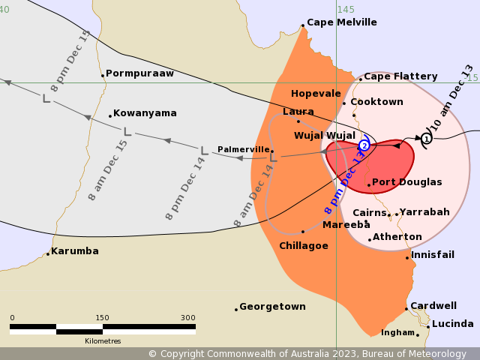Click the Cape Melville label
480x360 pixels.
pyautogui.click(x=342, y=22)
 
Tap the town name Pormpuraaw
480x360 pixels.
pyautogui.click(x=139, y=73)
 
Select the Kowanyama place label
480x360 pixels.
pyautogui.click(x=145, y=113)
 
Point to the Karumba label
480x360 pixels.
pyautogui.click(x=75, y=251)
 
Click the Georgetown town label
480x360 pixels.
pyautogui.click(x=273, y=307)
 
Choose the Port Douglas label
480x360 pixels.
pyautogui.click(x=407, y=182)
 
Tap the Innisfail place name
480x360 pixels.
pyautogui.click(x=433, y=255)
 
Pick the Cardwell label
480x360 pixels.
pyautogui.click(x=433, y=306)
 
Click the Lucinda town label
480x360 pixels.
pyautogui.click(x=453, y=324)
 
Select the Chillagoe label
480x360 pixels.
pyautogui.click(x=304, y=246)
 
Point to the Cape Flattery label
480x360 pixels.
pyautogui.click(x=400, y=76)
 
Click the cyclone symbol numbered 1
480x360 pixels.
pyautogui.click(x=427, y=138)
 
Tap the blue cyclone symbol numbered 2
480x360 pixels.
pyautogui.click(x=364, y=145)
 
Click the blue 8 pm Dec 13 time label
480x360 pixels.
pyautogui.click(x=346, y=180)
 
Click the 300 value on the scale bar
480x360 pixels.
pyautogui.click(x=187, y=317)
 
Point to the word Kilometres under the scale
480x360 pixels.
pyautogui.click(x=103, y=341)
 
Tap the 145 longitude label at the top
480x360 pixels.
pyautogui.click(x=346, y=10)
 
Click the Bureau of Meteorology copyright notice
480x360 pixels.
pyautogui.click(x=307, y=354)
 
